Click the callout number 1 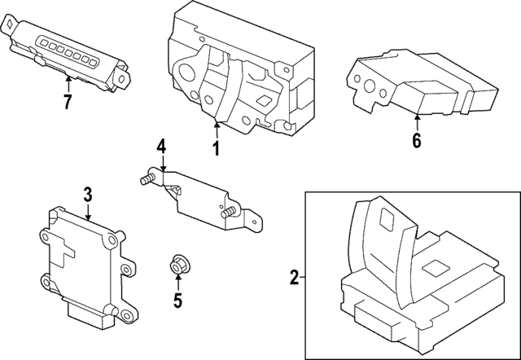(217, 149)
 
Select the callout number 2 (294, 279)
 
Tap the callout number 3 (88, 194)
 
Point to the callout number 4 (161, 147)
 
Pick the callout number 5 (177, 301)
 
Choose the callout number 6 (416, 139)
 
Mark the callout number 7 (68, 102)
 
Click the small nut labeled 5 (177, 265)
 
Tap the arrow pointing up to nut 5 (177, 282)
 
